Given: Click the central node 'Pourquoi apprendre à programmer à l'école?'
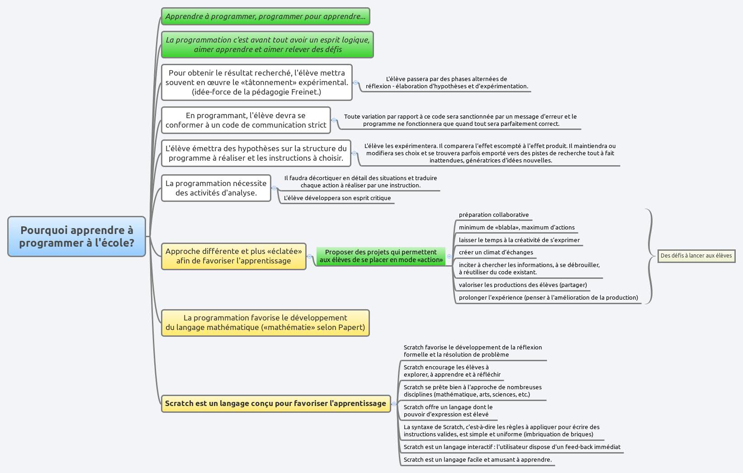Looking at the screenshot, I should [76, 236].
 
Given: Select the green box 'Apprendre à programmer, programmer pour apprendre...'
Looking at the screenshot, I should [265, 16].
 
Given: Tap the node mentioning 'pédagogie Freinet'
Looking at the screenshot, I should [256, 82].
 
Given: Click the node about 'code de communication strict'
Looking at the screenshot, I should [246, 120].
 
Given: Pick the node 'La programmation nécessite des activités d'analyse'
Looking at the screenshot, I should [216, 188].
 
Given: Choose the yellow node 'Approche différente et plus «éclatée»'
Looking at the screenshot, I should [233, 256].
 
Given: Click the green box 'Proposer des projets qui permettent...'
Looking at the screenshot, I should [381, 256].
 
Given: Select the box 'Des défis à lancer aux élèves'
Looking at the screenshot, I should [696, 256].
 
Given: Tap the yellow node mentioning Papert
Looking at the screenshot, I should [265, 323].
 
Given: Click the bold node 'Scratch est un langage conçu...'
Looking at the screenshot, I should [275, 403].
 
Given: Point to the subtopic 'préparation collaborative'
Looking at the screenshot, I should [493, 215].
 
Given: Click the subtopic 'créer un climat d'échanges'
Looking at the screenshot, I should [496, 253].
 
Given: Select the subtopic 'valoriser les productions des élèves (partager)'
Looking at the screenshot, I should [522, 285].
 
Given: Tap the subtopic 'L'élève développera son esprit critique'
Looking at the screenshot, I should [337, 198].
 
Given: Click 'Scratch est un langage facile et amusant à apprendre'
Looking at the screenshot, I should [477, 460].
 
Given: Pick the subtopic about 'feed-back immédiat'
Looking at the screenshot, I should [511, 447].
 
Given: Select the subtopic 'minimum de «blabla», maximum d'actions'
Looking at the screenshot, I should [516, 228].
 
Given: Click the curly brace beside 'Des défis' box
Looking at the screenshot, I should [651, 256].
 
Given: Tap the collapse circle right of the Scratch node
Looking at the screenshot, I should [394, 404].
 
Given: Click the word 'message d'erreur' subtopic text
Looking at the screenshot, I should [460, 120].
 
